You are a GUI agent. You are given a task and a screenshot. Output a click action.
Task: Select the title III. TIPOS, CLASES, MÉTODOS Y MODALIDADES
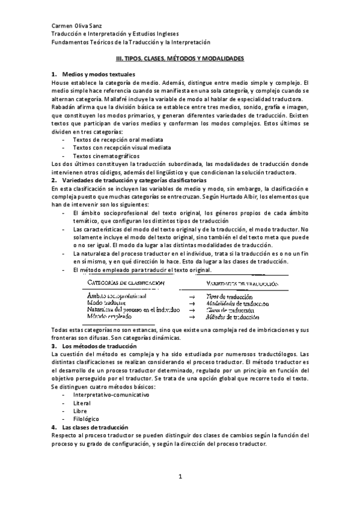click(x=179, y=60)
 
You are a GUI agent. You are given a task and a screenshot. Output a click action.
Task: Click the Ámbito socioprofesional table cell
click(x=118, y=296)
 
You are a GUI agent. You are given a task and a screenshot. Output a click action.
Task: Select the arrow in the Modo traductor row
click(x=191, y=303)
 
